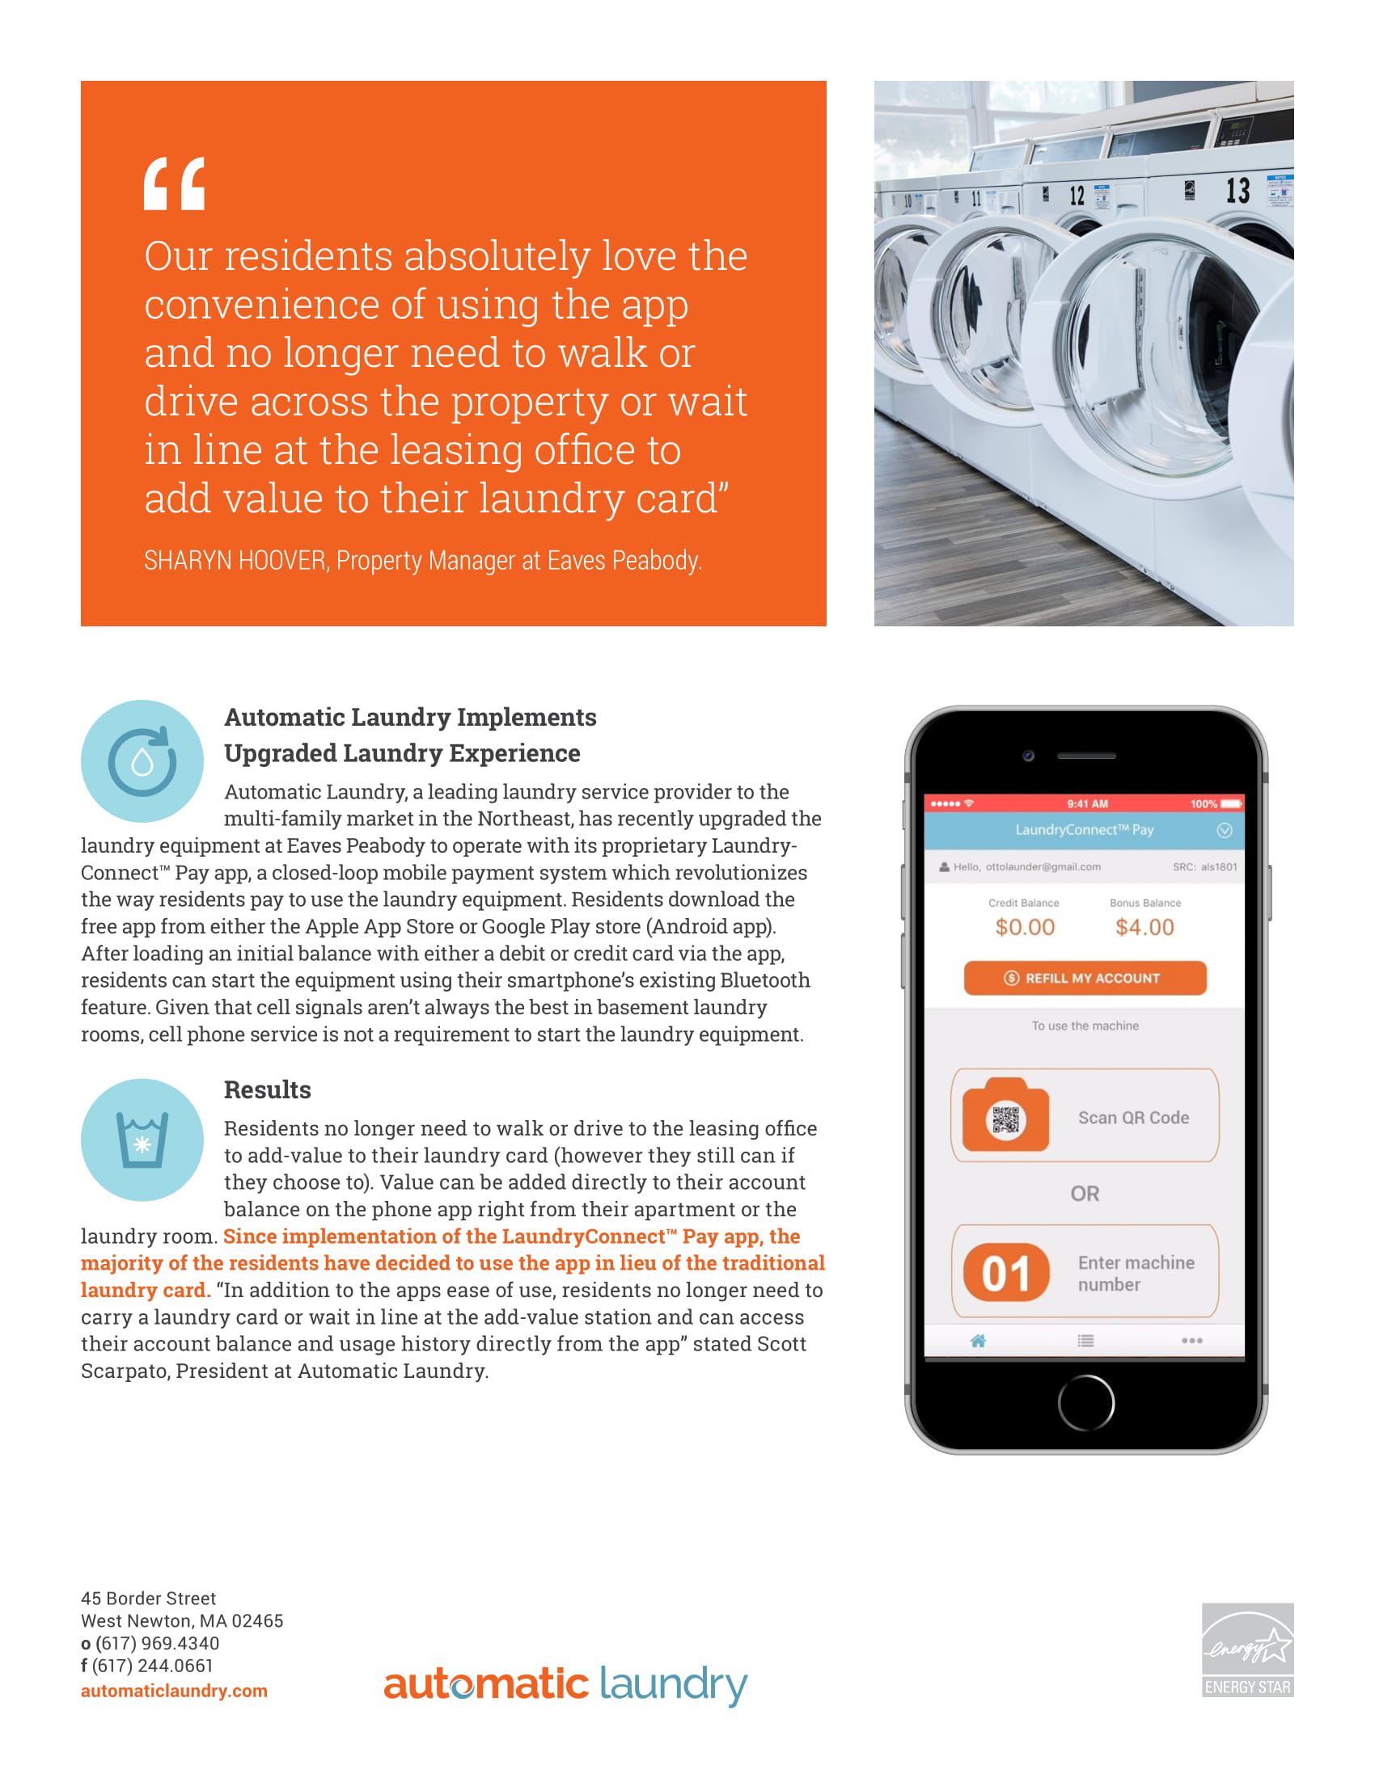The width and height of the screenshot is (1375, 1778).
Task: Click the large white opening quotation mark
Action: pyautogui.click(x=175, y=184)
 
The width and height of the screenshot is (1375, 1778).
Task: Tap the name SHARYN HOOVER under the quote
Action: pyautogui.click(x=235, y=561)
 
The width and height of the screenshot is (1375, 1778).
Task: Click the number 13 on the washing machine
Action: pyautogui.click(x=1237, y=191)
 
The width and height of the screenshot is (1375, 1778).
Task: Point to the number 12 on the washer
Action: pyautogui.click(x=1076, y=196)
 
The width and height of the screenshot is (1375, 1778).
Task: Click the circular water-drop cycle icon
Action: pyautogui.click(x=142, y=761)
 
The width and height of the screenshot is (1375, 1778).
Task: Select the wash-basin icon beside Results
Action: pyautogui.click(x=142, y=1140)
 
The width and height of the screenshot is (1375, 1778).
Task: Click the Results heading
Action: pyautogui.click(x=267, y=1090)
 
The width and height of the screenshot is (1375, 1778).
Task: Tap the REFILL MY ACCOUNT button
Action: pyautogui.click(x=1084, y=978)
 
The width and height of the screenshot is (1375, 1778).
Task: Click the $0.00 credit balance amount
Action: pyautogui.click(x=1025, y=927)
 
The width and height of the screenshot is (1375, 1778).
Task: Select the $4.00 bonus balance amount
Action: pyautogui.click(x=1144, y=927)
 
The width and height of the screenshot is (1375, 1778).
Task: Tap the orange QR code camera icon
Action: pyautogui.click(x=1006, y=1116)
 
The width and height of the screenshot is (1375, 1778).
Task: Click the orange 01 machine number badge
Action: pyautogui.click(x=1006, y=1273)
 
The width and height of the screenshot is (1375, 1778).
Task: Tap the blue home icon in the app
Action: pyautogui.click(x=979, y=1341)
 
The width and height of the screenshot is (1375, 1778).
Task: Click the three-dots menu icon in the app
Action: pyautogui.click(x=1191, y=1341)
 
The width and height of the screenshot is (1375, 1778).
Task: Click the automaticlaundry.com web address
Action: pyautogui.click(x=175, y=1691)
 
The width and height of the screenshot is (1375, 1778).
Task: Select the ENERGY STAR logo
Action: pyautogui.click(x=1247, y=1649)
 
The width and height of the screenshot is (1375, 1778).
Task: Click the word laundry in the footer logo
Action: pyautogui.click(x=673, y=1684)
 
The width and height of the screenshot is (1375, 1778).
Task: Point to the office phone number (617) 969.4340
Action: pyautogui.click(x=157, y=1644)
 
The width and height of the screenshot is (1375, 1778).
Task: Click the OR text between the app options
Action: pyautogui.click(x=1084, y=1194)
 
